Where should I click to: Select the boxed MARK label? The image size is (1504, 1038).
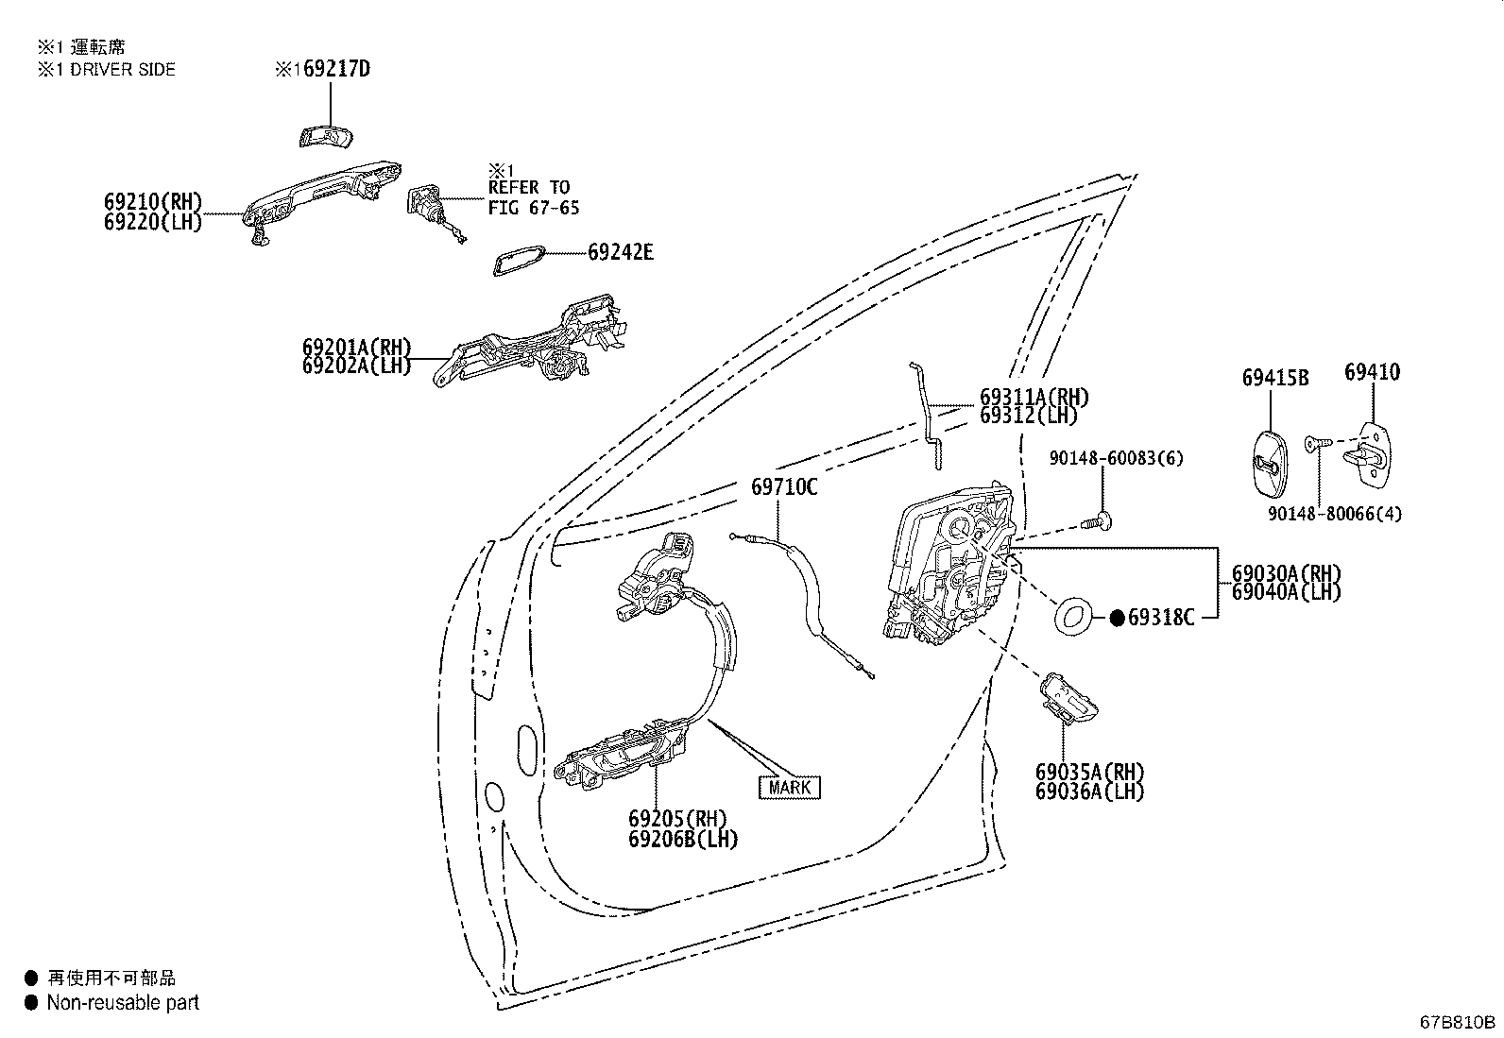click(x=790, y=787)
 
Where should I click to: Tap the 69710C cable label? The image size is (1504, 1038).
click(x=784, y=487)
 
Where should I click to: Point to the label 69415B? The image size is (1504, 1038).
click(x=1274, y=378)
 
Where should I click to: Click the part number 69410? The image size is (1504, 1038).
click(x=1372, y=372)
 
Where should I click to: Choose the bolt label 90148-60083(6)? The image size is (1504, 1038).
click(x=1117, y=458)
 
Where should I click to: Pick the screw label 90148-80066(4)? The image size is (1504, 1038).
click(x=1335, y=514)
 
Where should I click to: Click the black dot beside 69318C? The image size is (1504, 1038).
click(x=1117, y=618)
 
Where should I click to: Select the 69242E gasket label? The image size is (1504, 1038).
click(x=620, y=252)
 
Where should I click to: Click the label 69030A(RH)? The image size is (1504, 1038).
click(x=1286, y=573)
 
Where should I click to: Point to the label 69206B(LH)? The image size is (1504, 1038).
click(x=683, y=839)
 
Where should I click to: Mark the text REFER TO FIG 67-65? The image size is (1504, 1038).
click(x=534, y=197)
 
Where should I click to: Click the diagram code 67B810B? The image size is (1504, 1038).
click(x=1457, y=1022)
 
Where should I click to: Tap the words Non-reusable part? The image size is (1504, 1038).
click(x=123, y=1003)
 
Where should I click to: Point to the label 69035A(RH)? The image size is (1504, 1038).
click(x=1089, y=773)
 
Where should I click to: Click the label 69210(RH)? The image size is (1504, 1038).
click(x=153, y=201)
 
